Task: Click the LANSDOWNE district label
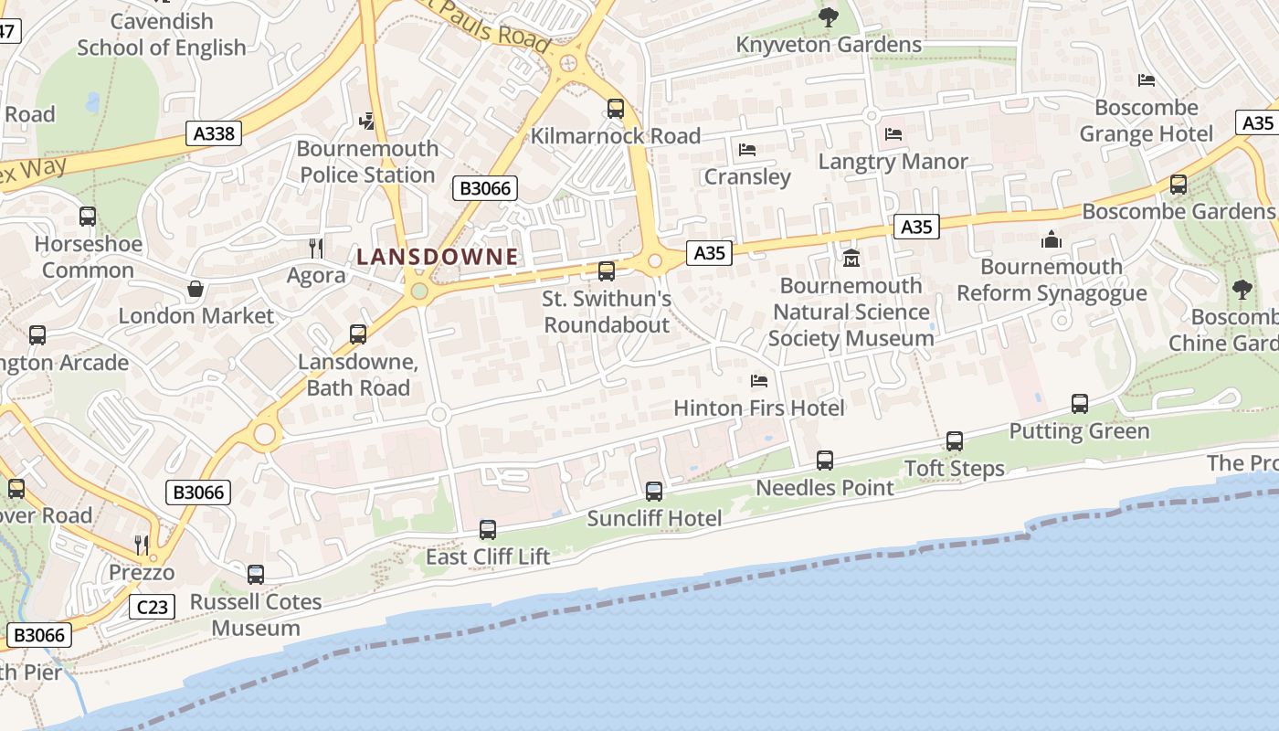437,257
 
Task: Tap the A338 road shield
215,133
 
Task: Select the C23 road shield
151,606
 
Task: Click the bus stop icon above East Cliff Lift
488,529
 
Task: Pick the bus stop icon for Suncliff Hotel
654,492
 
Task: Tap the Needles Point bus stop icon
825,461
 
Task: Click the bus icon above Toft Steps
955,441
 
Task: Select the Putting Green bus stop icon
1079,404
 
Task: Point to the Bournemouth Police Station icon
367,121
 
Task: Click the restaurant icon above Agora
316,248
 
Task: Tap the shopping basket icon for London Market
196,290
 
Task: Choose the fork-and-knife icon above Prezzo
142,546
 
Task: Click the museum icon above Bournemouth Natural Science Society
851,259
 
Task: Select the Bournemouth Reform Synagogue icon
1052,239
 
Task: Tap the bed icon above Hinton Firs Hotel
758,381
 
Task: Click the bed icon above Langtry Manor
893,134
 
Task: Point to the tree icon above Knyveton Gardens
829,17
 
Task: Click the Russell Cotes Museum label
256,615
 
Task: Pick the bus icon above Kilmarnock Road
616,109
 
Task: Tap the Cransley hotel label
747,176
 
